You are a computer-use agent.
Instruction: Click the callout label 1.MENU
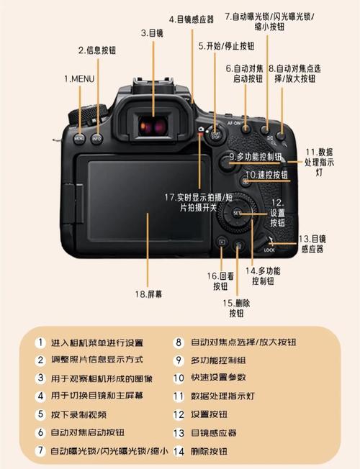click(79, 78)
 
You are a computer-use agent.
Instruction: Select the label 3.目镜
click(153, 32)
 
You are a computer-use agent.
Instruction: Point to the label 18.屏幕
click(149, 294)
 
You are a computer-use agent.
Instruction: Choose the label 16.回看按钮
click(220, 281)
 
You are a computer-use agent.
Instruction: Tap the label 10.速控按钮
click(266, 175)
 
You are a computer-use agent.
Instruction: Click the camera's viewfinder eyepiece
click(153, 124)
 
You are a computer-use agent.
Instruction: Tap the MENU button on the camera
click(79, 135)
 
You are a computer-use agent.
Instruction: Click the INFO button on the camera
click(96, 135)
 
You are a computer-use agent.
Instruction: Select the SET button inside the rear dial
click(238, 214)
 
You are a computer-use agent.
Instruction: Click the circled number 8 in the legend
click(178, 343)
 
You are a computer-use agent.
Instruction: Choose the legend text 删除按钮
click(209, 451)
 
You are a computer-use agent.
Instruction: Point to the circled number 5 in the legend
click(41, 414)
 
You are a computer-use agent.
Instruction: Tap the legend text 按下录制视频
click(79, 414)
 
